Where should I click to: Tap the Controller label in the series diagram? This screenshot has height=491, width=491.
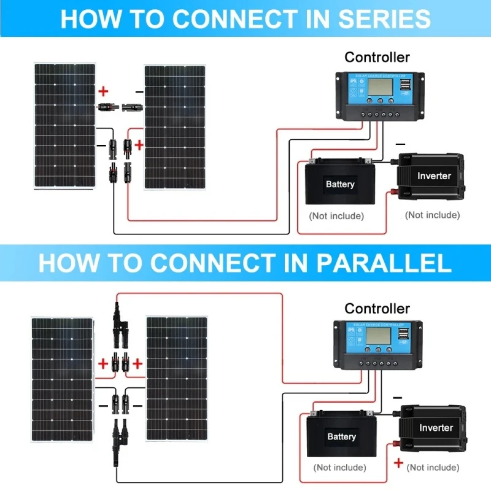pos(377,58)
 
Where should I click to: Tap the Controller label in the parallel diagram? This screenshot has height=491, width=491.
pos(377,308)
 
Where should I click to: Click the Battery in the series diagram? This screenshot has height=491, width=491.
pos(339,184)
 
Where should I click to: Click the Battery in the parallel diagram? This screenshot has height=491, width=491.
pos(341,436)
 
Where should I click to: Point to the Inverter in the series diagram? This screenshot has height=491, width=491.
pos(433,177)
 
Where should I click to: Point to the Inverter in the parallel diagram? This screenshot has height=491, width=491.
pos(435,428)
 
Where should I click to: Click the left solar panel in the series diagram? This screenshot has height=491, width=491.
pos(64,126)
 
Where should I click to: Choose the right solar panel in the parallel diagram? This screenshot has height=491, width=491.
pos(176,379)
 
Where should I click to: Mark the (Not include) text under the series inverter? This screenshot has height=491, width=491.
pos(432,215)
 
